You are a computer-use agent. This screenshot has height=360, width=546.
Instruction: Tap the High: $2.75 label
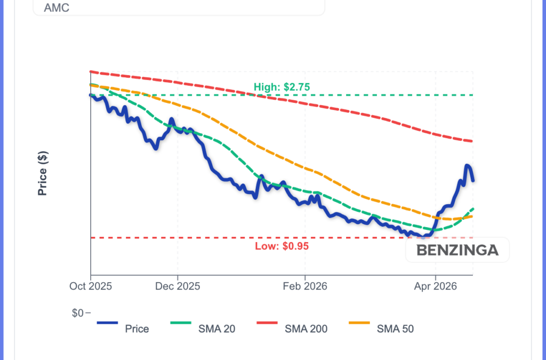click(x=282, y=87)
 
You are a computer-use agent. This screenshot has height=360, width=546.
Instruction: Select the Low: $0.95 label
click(x=282, y=246)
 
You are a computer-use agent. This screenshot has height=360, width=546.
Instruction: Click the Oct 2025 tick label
click(x=91, y=286)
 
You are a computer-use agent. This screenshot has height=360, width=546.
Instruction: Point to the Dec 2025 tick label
click(x=178, y=286)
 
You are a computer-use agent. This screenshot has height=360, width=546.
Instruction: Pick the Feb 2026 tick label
click(x=305, y=286)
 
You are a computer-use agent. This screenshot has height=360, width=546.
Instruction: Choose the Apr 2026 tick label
click(x=436, y=286)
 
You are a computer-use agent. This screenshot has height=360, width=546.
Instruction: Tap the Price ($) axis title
click(x=43, y=173)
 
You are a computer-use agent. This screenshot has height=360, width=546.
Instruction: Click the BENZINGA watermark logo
click(x=457, y=250)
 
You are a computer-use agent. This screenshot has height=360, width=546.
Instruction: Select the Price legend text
click(x=137, y=329)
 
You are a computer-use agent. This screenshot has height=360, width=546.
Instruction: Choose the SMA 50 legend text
click(x=395, y=329)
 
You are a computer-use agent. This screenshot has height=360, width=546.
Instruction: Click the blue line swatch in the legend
click(x=107, y=323)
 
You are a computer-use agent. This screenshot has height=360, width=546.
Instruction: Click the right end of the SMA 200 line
click(x=472, y=141)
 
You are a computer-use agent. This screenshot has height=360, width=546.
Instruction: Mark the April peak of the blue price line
click(x=467, y=165)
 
